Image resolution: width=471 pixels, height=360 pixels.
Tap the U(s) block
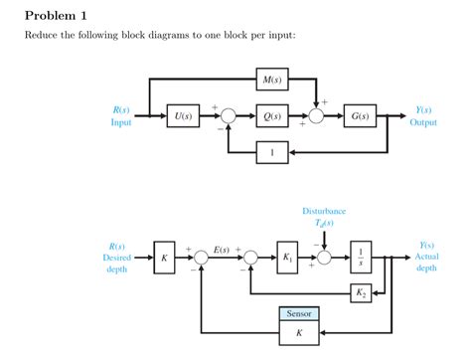(x=183, y=116)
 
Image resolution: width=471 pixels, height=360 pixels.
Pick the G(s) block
(x=359, y=116)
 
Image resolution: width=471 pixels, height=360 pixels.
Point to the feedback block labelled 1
(x=271, y=151)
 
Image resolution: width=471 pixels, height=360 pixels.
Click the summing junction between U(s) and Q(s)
(x=228, y=116)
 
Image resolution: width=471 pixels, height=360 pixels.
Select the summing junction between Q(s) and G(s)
(x=317, y=116)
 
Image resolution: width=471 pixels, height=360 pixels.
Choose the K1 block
(x=288, y=257)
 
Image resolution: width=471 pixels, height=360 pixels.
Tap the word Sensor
(x=298, y=313)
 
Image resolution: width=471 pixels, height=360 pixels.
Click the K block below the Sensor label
(x=298, y=333)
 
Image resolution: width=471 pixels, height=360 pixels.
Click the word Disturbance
(x=325, y=212)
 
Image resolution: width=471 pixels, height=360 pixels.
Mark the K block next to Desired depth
(x=165, y=257)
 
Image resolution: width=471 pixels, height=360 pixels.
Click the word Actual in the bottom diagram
(x=426, y=257)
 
